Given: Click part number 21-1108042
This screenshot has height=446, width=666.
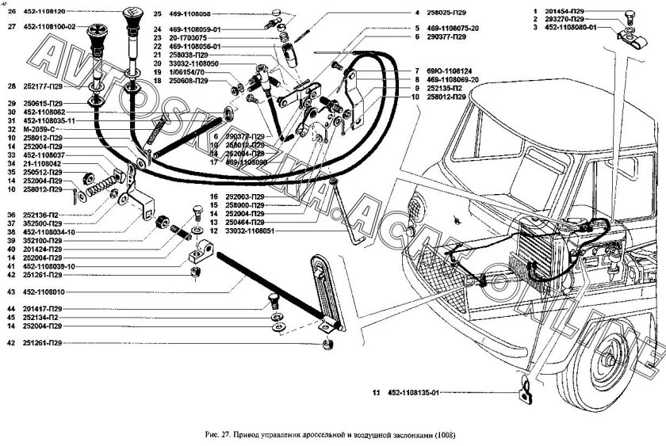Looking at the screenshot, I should [x=45, y=164].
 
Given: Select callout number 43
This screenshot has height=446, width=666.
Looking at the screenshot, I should [x=11, y=292].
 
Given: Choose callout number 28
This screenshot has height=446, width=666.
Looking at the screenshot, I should [x=11, y=86].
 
